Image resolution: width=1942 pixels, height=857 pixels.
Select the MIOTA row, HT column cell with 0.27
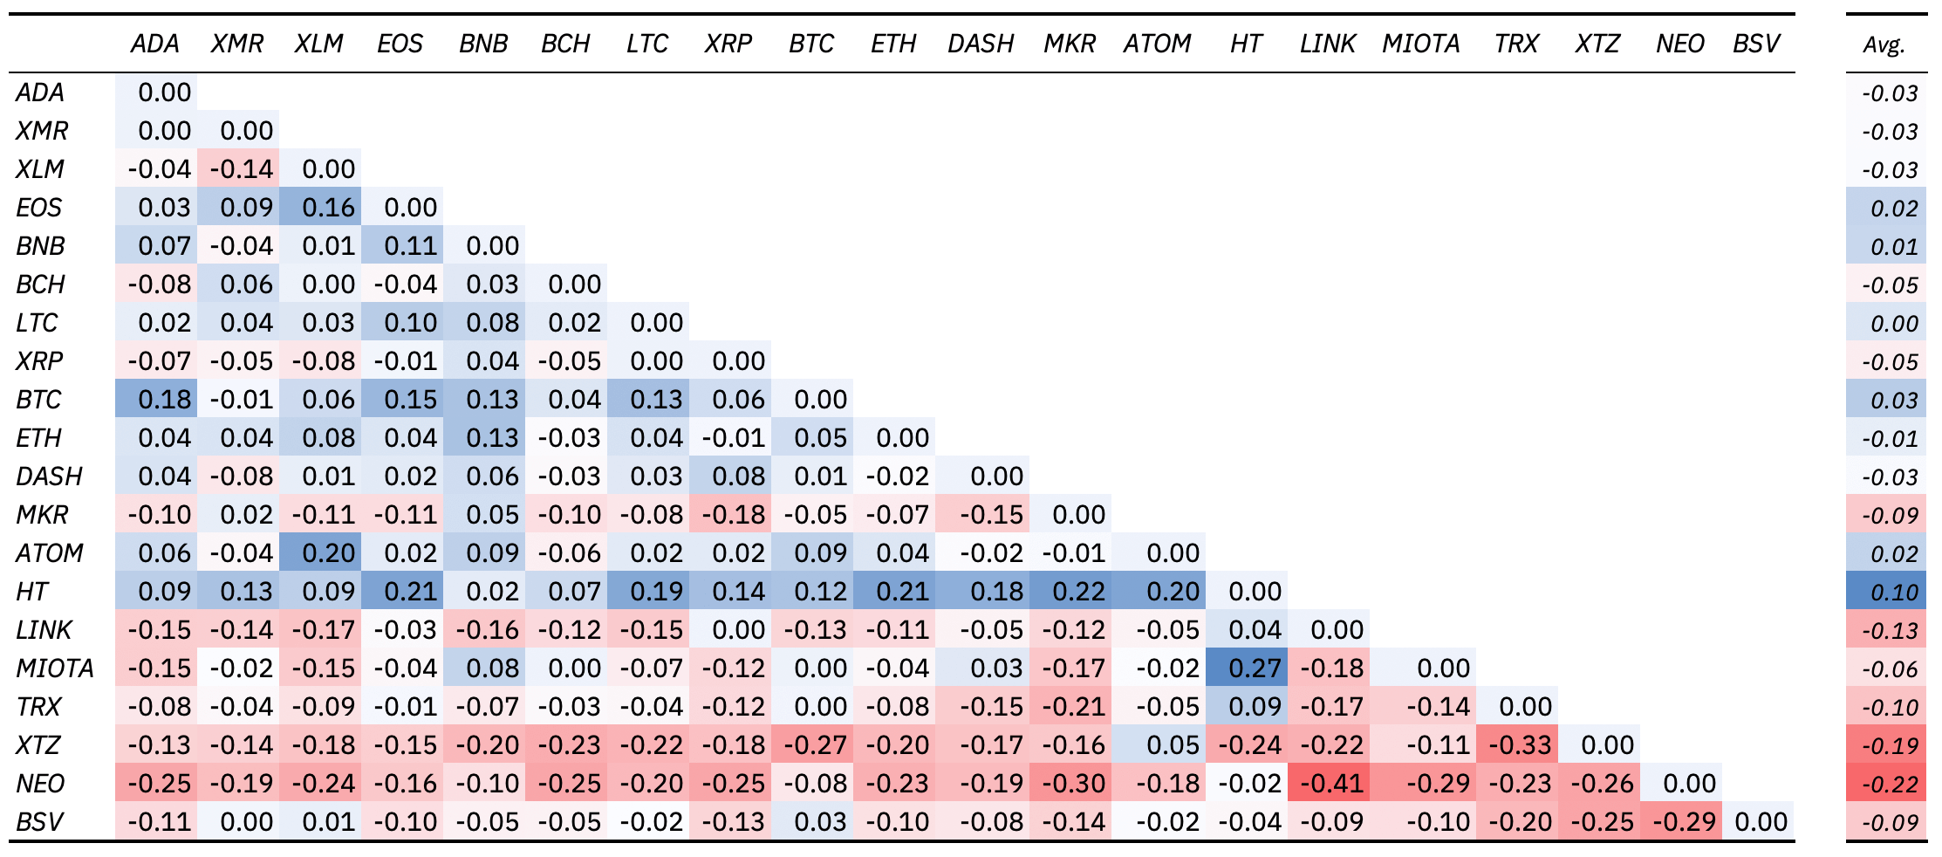coord(1254,668)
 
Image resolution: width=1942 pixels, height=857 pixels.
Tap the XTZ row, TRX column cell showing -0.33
coord(1519,745)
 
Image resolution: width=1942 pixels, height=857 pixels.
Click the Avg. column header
coord(1884,45)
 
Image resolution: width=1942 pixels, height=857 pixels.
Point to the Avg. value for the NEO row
coord(1890,785)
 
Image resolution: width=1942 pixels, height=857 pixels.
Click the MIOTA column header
coord(1420,44)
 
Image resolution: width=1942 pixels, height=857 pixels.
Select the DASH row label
coord(50,476)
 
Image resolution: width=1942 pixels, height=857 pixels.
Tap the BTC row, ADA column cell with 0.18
coord(163,400)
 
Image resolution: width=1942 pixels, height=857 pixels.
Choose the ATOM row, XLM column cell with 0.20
coord(327,553)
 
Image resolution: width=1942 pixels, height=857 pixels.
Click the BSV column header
coord(1755,44)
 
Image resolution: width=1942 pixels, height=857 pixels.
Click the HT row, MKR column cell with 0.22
coord(1078,592)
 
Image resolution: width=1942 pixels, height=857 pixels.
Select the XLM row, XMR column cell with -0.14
coord(242,169)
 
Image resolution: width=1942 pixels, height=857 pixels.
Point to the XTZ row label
coord(38,745)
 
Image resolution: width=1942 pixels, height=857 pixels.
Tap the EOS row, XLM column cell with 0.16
coord(327,208)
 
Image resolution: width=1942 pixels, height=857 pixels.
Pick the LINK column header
coord(1327,44)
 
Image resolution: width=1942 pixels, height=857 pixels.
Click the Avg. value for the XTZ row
coord(1890,746)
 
